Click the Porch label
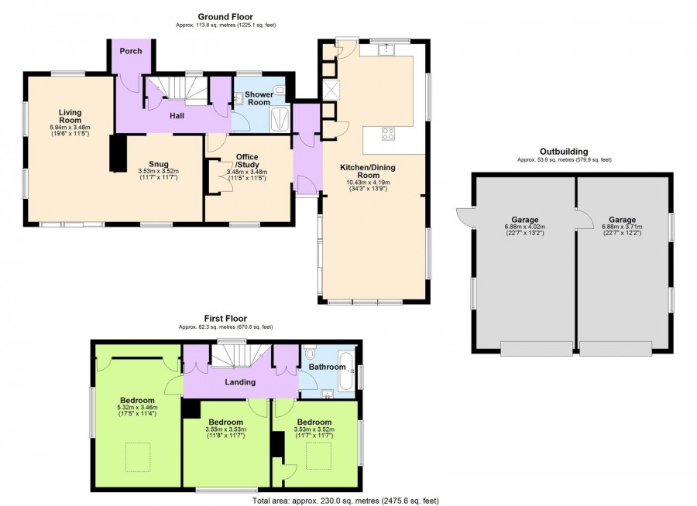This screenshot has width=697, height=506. [131, 51]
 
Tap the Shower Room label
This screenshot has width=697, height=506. [259, 98]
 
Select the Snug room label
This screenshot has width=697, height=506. [159, 164]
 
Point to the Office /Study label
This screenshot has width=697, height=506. [247, 161]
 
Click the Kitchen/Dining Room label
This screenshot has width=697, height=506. [367, 171]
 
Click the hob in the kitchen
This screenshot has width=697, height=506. [388, 134]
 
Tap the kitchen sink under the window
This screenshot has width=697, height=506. [386, 50]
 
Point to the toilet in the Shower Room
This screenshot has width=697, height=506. [279, 91]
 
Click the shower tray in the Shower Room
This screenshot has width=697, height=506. [280, 119]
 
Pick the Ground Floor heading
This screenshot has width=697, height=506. [225, 17]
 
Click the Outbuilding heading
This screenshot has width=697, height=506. [564, 152]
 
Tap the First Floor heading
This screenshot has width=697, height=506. [225, 318]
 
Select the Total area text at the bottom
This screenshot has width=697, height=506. [345, 501]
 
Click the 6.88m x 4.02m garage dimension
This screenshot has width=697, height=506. [524, 227]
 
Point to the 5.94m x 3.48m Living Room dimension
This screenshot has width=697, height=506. [70, 127]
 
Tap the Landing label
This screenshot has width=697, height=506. [240, 382]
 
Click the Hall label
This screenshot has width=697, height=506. [177, 116]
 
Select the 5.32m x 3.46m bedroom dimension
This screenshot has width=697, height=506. [137, 408]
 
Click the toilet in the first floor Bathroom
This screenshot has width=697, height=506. [311, 353]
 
